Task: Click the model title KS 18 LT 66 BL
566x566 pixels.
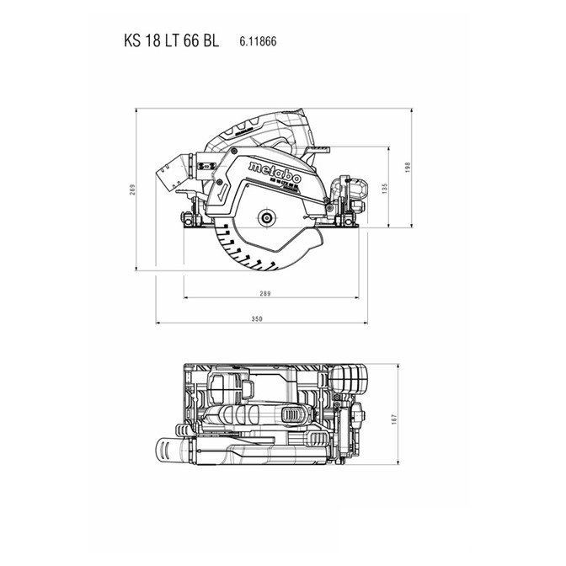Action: (172, 40)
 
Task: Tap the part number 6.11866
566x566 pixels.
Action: (258, 41)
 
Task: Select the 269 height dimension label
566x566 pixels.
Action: (132, 190)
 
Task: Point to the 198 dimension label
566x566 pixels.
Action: (408, 168)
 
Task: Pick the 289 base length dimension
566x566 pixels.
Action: (265, 293)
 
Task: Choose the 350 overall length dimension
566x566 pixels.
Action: (257, 318)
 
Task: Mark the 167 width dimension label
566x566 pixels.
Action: (394, 419)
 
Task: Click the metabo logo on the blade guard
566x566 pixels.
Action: (275, 173)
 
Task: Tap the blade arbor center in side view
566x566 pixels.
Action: (266, 217)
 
